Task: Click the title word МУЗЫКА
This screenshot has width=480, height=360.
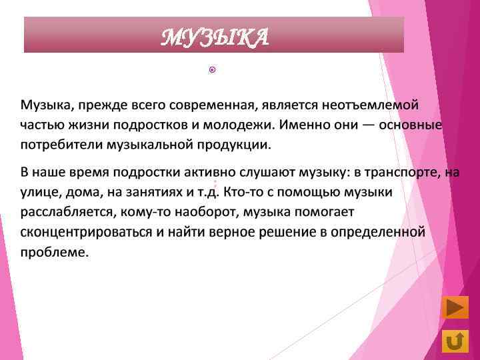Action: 215,37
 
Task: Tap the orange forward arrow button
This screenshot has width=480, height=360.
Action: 455,309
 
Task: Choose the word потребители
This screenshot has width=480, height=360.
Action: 59,145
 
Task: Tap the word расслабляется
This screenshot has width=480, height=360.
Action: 69,213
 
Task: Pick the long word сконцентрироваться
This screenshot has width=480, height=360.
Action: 85,233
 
